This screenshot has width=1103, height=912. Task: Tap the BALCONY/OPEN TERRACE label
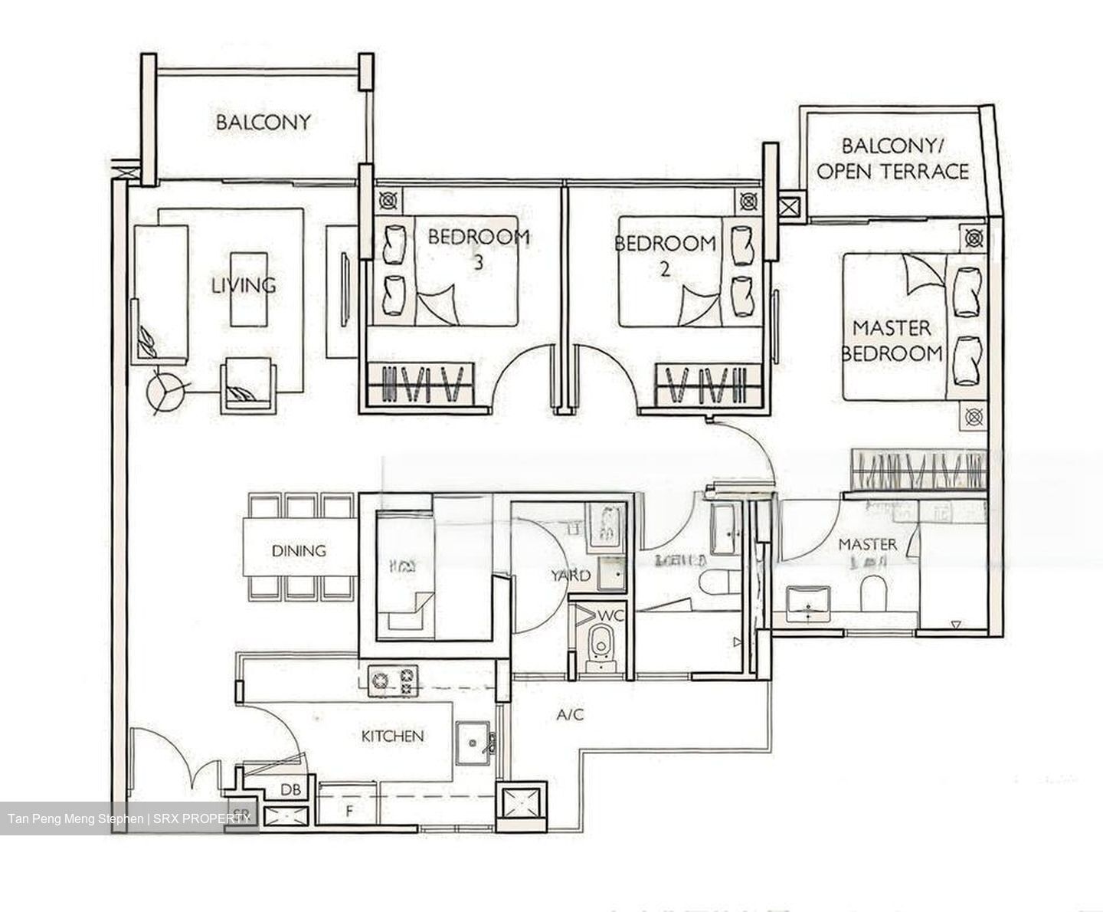pyautogui.click(x=892, y=159)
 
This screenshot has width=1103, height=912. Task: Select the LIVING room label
pyautogui.click(x=244, y=285)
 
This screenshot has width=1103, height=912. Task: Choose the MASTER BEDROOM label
pyautogui.click(x=892, y=341)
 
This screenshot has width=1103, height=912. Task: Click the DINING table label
pyautogui.click(x=299, y=550)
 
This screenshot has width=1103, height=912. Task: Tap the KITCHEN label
pyautogui.click(x=392, y=736)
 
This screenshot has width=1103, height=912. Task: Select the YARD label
pyautogui.click(x=571, y=576)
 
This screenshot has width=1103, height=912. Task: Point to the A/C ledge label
pyautogui.click(x=570, y=715)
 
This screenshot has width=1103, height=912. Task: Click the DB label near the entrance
pyautogui.click(x=290, y=789)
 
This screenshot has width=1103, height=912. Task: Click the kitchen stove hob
pyautogui.click(x=392, y=681)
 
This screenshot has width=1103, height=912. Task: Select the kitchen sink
pyautogui.click(x=475, y=743)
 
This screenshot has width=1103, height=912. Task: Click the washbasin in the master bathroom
pyautogui.click(x=808, y=601)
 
